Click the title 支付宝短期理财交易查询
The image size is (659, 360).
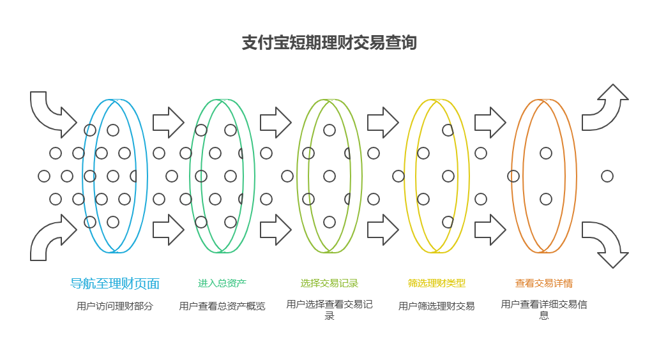click(329, 43)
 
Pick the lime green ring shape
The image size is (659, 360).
click(298, 176)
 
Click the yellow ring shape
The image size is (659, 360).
click(406, 176)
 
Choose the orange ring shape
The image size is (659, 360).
click(513, 176)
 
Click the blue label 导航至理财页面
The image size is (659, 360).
click(115, 283)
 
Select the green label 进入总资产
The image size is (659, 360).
click(222, 283)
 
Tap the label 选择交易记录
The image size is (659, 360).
click(329, 283)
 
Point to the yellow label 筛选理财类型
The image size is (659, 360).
click(437, 283)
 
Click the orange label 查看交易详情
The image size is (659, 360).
click(544, 283)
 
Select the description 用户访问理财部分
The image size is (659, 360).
click(115, 306)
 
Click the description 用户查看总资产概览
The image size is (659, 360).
click(222, 306)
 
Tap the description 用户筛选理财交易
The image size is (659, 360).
click(437, 306)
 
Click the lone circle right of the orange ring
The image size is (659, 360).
click(607, 176)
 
